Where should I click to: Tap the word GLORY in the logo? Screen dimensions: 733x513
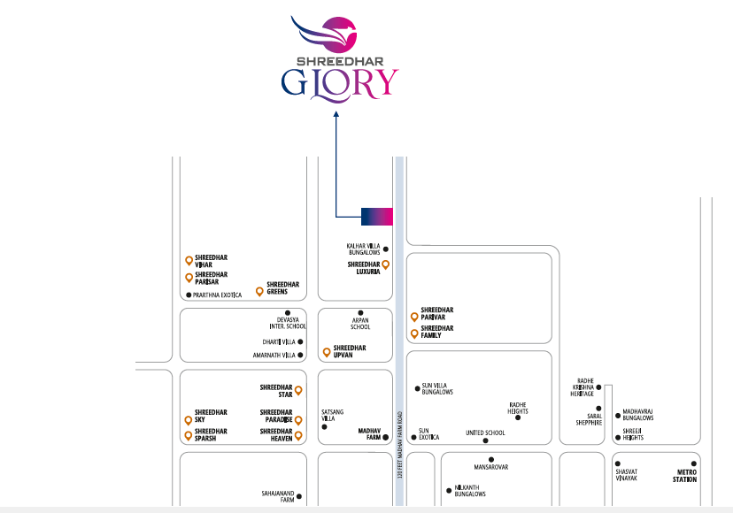340,85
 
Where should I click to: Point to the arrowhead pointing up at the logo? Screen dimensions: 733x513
336,113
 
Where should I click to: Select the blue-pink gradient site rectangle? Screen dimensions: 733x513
377,217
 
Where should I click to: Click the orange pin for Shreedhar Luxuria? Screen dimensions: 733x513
386,265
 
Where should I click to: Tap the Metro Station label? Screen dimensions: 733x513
685,476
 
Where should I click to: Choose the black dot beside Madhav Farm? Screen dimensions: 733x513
386,437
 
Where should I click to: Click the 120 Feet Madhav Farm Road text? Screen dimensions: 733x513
399,445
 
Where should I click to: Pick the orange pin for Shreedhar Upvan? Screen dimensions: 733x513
327,352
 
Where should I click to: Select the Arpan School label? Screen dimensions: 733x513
360,324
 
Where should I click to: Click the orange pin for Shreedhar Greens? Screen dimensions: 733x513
260,292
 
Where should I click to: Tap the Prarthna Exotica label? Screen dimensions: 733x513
218,295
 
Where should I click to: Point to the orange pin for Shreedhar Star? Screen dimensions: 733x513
298,390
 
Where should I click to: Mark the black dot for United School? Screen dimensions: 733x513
485,440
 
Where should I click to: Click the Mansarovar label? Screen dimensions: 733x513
490,467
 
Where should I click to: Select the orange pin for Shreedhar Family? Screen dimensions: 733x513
414,333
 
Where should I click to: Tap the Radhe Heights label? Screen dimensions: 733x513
518,408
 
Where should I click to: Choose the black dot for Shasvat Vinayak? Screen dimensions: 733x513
618,463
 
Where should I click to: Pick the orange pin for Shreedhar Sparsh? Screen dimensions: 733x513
189,436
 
